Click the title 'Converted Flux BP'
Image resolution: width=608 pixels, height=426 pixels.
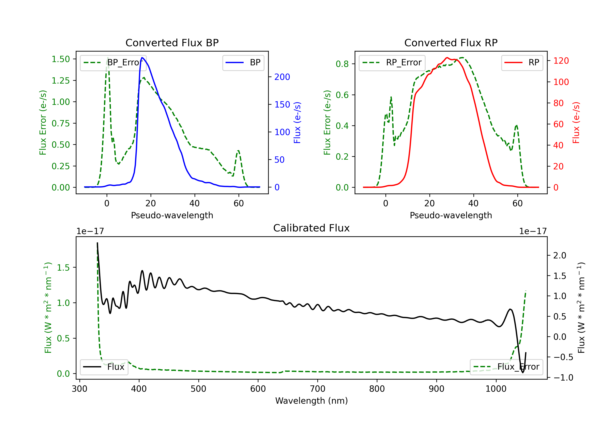[x=172, y=43]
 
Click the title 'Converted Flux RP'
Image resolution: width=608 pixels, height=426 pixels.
[x=451, y=43]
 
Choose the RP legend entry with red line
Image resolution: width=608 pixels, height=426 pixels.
[x=522, y=62]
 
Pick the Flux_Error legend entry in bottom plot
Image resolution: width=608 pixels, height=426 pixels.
[x=506, y=367]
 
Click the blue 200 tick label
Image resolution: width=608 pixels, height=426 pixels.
[x=282, y=77]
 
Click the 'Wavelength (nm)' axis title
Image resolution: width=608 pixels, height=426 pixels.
[x=311, y=401]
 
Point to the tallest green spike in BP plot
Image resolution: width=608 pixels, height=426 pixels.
[x=107, y=58]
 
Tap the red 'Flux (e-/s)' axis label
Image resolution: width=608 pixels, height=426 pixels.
[x=576, y=123]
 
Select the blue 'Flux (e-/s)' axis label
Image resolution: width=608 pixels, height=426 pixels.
[x=297, y=123]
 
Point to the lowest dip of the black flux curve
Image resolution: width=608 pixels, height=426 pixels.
[x=523, y=372]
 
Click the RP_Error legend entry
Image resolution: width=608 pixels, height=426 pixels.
[x=392, y=62]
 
